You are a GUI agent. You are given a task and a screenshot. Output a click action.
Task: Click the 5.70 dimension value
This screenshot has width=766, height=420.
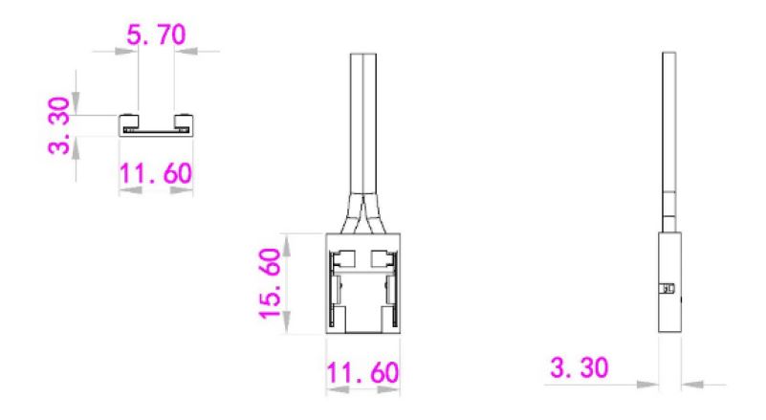pos(156,34)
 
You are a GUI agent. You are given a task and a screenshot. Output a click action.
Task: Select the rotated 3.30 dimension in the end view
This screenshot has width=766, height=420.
pos(59,125)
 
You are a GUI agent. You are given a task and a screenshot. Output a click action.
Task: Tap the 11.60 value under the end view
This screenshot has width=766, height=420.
pos(155,173)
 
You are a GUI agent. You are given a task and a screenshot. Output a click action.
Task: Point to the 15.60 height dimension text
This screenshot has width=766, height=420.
pos(270,283)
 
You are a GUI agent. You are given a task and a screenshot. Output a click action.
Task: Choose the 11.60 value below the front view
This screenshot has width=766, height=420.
pos(362,372)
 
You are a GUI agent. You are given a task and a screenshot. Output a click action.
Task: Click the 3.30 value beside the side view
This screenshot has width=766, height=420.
pos(580,367)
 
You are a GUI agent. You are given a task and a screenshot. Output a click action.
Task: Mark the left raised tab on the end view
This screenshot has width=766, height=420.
pos(129,120)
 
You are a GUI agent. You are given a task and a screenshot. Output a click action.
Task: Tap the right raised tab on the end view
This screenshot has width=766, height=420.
pos(184,120)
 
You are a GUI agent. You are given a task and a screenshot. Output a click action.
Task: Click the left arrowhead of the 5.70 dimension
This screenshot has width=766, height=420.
pos(126,51)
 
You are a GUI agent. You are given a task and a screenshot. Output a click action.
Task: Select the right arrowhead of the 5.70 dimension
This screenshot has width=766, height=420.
pos(186,51)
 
